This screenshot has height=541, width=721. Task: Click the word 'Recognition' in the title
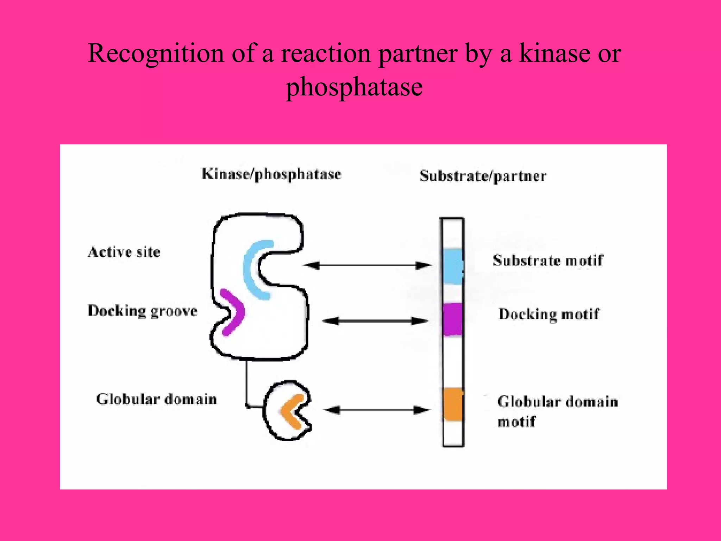(x=156, y=54)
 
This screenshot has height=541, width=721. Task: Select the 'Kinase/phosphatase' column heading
(x=271, y=174)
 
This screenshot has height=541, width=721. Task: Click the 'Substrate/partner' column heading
(x=483, y=176)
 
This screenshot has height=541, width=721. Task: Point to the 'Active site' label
(x=124, y=252)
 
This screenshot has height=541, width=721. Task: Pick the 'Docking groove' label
(x=142, y=311)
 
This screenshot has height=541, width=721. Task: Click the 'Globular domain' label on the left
(x=156, y=399)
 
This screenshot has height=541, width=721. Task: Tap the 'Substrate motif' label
(x=547, y=261)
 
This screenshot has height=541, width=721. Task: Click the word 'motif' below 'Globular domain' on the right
(x=516, y=422)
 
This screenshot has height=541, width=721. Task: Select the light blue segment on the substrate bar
(x=452, y=266)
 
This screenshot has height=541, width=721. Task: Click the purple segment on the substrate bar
(x=452, y=319)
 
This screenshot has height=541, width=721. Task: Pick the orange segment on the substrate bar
(x=453, y=404)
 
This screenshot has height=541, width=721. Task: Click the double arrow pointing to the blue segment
(x=367, y=265)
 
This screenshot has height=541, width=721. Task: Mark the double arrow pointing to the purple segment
(x=375, y=321)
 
